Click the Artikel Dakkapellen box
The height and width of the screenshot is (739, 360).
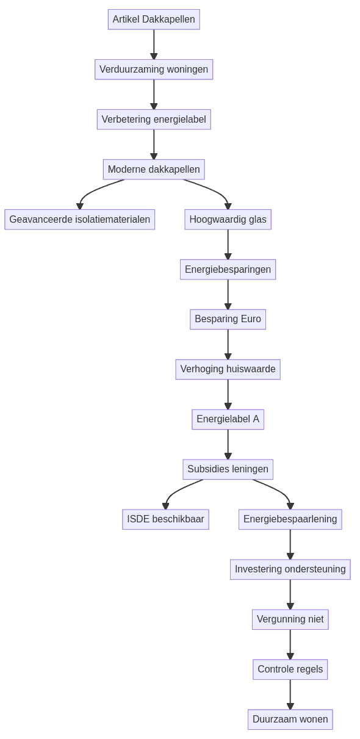(154, 20)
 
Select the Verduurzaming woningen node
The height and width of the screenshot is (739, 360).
(154, 70)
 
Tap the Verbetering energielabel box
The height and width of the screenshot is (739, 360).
(154, 120)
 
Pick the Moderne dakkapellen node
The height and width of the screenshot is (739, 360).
(154, 170)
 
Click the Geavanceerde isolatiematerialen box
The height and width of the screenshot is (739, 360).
(80, 220)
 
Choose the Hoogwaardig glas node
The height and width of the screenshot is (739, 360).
(228, 220)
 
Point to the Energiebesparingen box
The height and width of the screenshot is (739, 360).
(228, 270)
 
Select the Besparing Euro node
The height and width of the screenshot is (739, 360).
(228, 319)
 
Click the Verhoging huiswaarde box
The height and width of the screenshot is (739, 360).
(228, 369)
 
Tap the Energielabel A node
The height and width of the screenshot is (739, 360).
(228, 419)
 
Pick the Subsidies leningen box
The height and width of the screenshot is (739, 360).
(228, 469)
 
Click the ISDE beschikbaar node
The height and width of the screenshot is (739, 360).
(165, 519)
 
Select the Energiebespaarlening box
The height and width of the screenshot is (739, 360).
(290, 519)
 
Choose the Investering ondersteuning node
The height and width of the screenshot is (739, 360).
(290, 569)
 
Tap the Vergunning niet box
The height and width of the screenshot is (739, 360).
(290, 619)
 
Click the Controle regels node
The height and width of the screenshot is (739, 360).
(290, 669)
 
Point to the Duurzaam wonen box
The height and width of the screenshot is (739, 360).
(290, 719)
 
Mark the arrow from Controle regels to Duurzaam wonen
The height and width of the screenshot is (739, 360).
(290, 694)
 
